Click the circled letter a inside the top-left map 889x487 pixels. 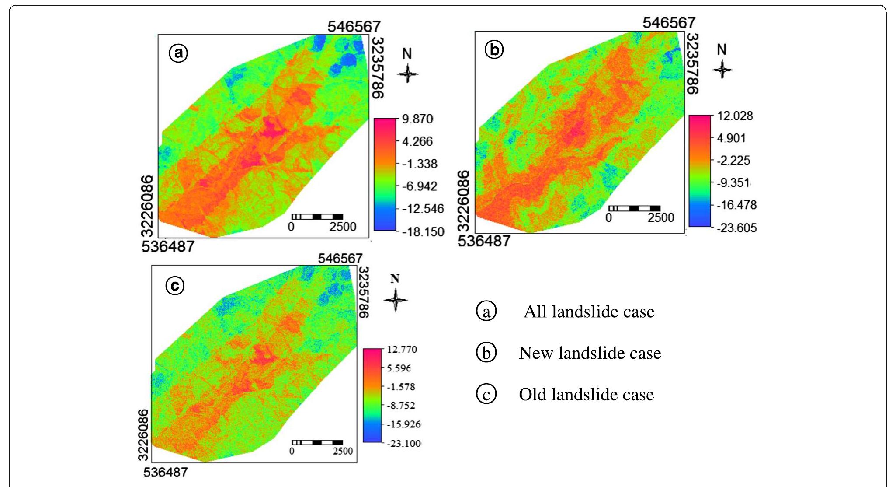[x=178, y=53]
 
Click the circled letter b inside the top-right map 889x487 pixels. [x=494, y=50]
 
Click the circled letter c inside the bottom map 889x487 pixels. [x=175, y=286]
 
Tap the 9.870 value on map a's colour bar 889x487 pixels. [x=417, y=119]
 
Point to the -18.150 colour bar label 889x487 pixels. [x=422, y=232]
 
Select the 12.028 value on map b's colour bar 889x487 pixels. [x=735, y=116]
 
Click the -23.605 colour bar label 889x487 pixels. [x=736, y=228]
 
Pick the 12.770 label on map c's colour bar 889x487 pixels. [x=402, y=350]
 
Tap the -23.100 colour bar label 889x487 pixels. [x=403, y=444]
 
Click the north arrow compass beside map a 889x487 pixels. [x=407, y=73]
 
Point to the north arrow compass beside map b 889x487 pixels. [x=722, y=69]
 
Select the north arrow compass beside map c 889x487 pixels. [x=395, y=300]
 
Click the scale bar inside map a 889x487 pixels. [x=317, y=217]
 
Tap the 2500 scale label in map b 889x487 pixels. [x=660, y=217]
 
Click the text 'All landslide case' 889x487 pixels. [x=589, y=312]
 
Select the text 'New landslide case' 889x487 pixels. [x=590, y=353]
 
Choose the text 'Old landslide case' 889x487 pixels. [x=586, y=395]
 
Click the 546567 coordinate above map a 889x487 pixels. [x=354, y=27]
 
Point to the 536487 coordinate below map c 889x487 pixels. [x=165, y=473]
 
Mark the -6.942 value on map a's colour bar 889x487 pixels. [x=419, y=186]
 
